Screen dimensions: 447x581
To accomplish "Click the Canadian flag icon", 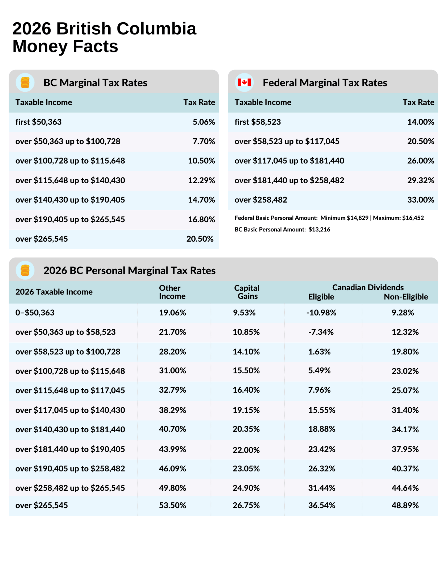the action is tap(244, 82).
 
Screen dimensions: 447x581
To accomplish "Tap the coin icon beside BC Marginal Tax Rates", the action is tap(25, 82).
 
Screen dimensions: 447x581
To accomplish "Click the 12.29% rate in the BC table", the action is tap(201, 180).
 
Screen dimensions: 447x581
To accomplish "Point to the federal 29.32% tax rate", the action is tap(420, 180).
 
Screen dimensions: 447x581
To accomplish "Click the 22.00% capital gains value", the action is tap(246, 450).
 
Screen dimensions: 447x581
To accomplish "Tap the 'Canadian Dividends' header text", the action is tap(368, 287).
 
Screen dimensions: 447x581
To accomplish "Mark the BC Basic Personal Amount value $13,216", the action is tap(319, 229).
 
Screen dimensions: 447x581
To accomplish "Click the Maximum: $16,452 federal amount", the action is tap(398, 218).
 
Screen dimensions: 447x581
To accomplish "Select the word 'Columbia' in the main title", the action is tap(156, 29).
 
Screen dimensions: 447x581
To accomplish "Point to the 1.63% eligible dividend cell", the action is tap(319, 352).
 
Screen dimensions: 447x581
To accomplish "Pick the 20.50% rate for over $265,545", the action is tap(200, 239).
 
